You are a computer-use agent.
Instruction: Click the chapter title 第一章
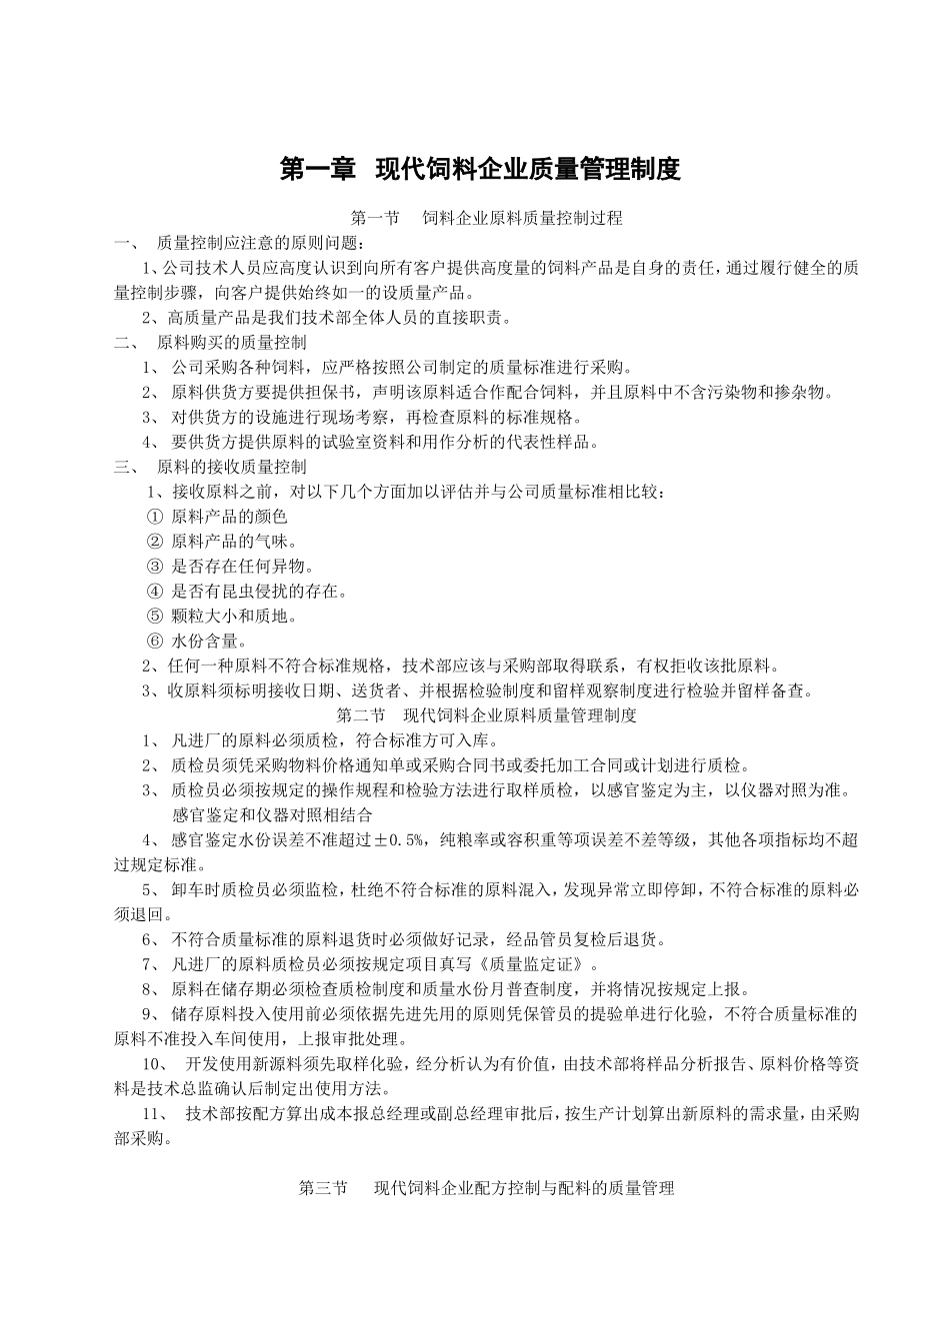tap(318, 169)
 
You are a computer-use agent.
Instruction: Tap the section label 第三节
tap(323, 1188)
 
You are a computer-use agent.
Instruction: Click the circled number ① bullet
tap(154, 517)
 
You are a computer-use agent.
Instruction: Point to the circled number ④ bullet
tap(154, 592)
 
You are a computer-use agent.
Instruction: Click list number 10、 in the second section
tap(158, 1064)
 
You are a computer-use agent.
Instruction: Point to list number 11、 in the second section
tap(158, 1114)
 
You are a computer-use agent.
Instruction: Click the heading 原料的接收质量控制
tap(232, 467)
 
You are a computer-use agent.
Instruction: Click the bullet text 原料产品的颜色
tap(229, 517)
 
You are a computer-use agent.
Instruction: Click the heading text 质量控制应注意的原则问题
tap(262, 244)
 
